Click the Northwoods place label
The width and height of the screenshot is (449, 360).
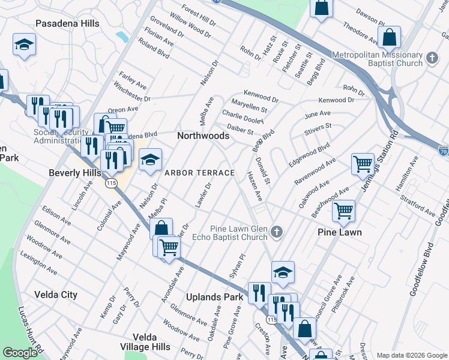click(203, 136)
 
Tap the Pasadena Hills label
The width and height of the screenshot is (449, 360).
click(67, 23)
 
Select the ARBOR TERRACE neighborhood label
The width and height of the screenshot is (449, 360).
click(200, 173)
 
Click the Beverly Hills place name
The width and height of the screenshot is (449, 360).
click(74, 173)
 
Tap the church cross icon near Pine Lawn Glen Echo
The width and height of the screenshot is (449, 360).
click(276, 232)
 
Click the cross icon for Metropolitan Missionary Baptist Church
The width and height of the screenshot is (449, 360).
click(432, 59)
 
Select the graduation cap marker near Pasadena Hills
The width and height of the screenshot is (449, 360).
click(24, 45)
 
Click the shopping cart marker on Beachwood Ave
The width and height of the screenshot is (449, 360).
click(343, 210)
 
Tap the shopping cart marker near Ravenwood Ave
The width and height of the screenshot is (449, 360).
click(363, 163)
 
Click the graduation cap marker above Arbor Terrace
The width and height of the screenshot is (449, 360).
click(151, 160)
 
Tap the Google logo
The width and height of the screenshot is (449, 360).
click(20, 353)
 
